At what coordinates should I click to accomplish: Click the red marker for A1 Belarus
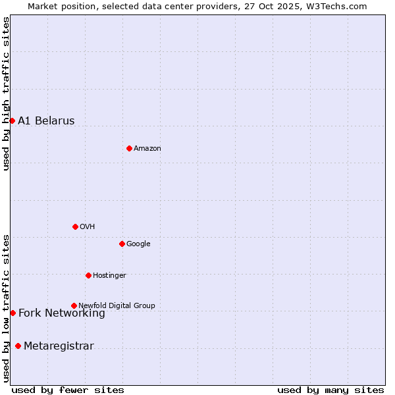12,120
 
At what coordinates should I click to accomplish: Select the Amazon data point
129,148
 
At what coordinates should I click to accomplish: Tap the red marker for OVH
75,226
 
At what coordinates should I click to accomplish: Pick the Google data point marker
122,244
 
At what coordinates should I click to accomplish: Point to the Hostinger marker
88,275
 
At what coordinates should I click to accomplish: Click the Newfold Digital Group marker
74,305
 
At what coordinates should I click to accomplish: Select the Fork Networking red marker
13,313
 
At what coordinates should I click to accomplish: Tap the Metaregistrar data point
18,346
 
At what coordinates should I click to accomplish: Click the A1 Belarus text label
46,121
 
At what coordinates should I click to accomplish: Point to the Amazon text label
147,149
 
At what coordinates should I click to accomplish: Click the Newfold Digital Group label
117,305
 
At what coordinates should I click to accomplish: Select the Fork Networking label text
62,313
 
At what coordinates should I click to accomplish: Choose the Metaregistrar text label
59,346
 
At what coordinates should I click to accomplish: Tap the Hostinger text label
109,275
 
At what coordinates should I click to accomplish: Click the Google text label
138,244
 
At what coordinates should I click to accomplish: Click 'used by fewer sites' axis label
68,390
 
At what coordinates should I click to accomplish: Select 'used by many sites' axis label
330,390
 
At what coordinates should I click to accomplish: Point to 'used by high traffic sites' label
6,93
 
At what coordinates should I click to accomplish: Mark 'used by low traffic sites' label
6,308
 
